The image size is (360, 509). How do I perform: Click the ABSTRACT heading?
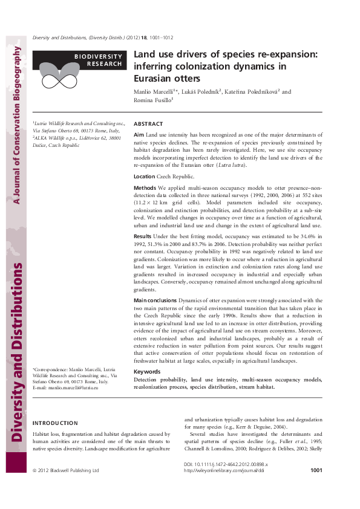(148, 123)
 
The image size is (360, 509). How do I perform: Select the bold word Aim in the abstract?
(139, 134)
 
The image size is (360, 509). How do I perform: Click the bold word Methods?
(145, 188)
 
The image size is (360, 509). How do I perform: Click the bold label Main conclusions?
(155, 300)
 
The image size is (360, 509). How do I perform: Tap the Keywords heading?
(146, 371)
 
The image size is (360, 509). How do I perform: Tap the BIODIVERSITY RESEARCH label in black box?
(99, 59)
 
